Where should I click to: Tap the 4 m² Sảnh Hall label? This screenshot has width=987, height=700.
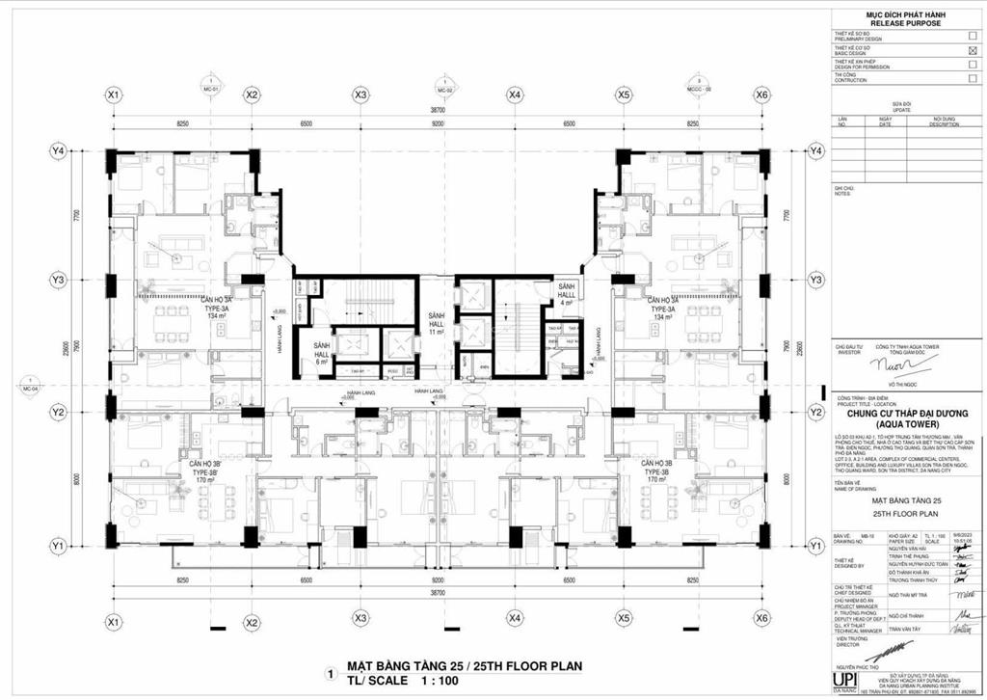click(568, 297)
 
